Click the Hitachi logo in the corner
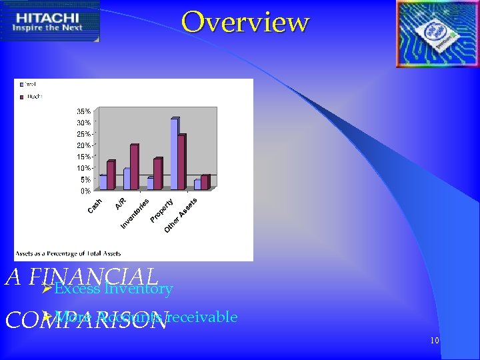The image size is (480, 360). tap(50, 21)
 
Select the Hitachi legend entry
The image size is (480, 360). tap(31, 97)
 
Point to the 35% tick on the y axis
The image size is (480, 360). tap(84, 111)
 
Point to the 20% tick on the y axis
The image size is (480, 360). tap(84, 145)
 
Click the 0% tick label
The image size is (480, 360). tap(85, 191)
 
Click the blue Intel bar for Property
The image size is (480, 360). tap(173, 155)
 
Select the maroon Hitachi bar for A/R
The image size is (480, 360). tap(134, 167)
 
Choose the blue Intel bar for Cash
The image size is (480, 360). tap(103, 183)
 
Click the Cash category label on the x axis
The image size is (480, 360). tap(95, 206)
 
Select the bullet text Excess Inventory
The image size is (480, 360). tap(113, 289)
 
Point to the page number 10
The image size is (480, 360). tap(434, 341)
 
